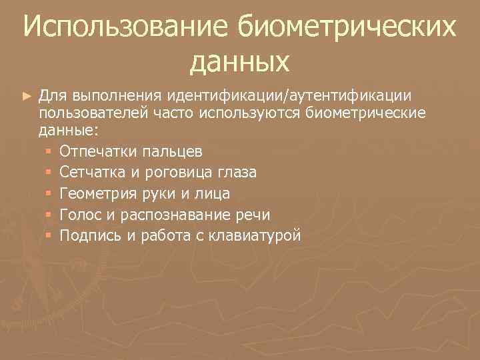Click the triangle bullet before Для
[27, 97]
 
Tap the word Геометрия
[97, 193]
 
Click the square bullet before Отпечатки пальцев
[48, 151]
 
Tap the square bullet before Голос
[48, 215]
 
